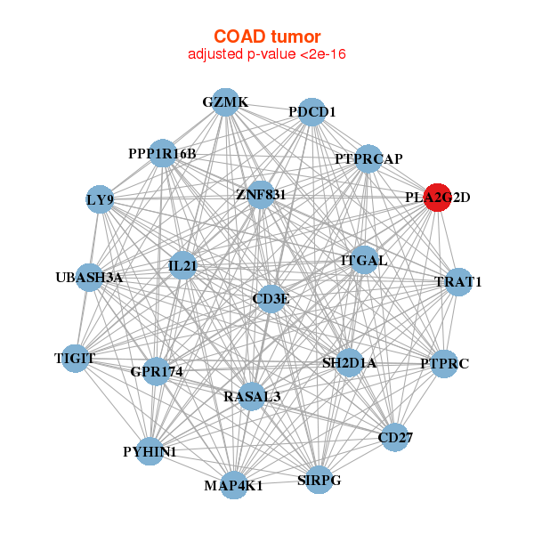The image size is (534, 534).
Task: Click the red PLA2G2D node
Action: pos(437,198)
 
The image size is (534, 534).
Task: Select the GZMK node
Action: pos(225,102)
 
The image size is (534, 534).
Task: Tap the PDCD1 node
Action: pos(311,112)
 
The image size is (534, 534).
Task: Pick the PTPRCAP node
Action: pos(368,158)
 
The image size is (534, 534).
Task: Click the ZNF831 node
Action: pos(260,194)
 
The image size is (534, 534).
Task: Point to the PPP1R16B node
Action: pos(162,154)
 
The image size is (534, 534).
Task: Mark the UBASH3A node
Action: pos(89,278)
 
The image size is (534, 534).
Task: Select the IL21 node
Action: pos(182,265)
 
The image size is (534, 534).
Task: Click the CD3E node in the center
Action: pos(271,299)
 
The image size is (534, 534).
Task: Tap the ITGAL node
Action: pos(364,261)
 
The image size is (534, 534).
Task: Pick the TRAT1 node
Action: pos(457,282)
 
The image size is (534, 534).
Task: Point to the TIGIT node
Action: pos(75,359)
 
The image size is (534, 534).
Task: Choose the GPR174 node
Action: pos(157,370)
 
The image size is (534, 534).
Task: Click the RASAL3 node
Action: pos(252,396)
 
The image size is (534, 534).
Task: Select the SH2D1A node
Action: pos(349,362)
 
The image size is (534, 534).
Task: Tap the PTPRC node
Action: pos(444,363)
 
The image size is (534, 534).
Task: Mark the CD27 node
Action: pos(395,437)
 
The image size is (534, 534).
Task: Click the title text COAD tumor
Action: pos(267,36)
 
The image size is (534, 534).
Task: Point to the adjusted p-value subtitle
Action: pos(267,54)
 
